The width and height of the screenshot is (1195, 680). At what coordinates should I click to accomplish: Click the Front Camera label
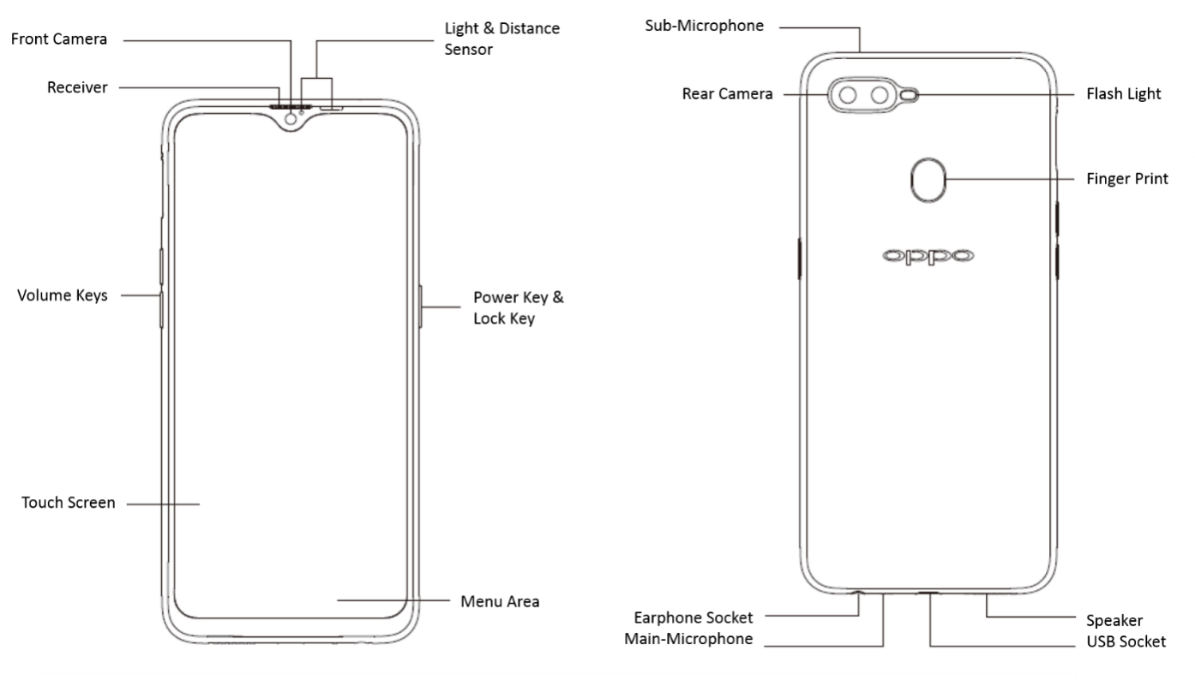coord(59,39)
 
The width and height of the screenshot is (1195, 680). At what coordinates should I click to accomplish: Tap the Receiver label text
coord(77,87)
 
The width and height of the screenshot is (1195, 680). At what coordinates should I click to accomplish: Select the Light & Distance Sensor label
coord(501,39)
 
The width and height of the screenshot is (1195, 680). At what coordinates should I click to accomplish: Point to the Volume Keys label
coord(63,295)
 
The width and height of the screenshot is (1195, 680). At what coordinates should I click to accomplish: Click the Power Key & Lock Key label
coord(518,308)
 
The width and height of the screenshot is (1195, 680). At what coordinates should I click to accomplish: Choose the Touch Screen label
coord(69,503)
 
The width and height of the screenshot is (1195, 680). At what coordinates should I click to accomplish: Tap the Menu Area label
coord(500,601)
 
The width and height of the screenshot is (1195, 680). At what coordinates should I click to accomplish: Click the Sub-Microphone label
coord(704,26)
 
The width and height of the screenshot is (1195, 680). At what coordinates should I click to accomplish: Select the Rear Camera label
coord(727,93)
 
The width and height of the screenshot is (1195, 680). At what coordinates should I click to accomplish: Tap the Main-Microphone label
coord(688,639)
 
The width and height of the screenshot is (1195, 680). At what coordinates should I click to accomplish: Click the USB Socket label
coord(1126,641)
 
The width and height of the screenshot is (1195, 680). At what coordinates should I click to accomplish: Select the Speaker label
coord(1114,620)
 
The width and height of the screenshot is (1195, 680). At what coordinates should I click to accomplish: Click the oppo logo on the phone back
coord(927,255)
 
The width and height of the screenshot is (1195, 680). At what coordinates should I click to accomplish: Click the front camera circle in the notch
coord(292,119)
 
